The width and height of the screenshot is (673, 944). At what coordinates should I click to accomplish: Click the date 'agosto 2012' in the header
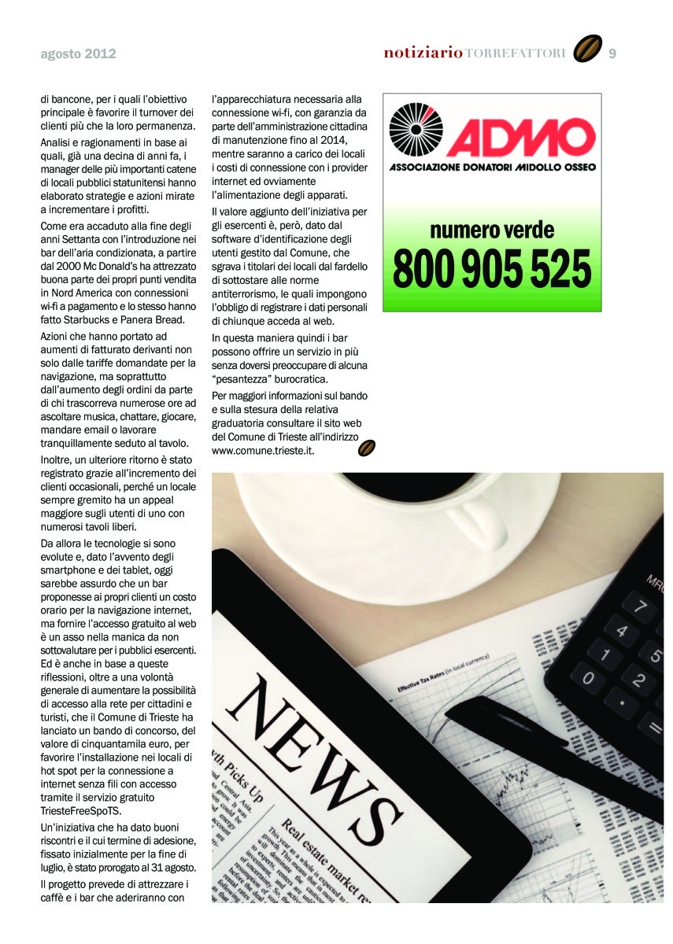point(78,54)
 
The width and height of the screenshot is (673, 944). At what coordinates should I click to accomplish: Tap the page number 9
point(612,53)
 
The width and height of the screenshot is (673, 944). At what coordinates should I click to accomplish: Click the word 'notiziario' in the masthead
point(423,53)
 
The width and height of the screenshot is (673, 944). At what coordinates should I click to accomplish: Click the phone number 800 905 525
point(492,268)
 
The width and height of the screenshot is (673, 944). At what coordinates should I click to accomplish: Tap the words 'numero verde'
point(492,230)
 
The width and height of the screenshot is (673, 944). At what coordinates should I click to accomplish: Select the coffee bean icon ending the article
point(366,448)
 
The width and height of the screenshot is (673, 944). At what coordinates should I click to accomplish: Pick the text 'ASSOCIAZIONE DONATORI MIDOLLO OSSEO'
point(492,167)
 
